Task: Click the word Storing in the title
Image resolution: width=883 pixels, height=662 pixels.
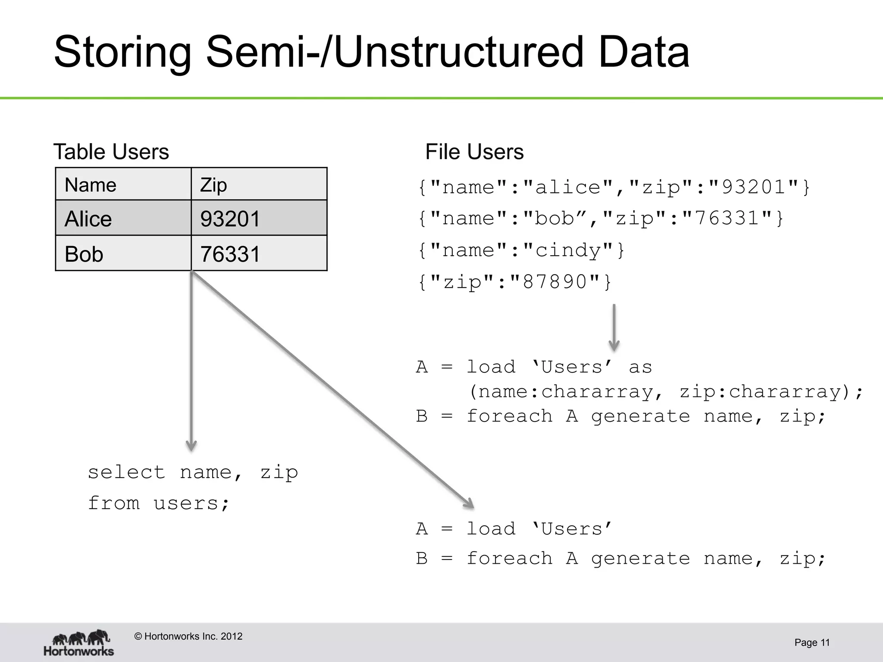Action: (122, 53)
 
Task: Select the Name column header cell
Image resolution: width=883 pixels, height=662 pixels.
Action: (123, 184)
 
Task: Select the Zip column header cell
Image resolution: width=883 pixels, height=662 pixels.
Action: (259, 184)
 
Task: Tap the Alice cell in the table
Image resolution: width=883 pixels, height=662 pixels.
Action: (123, 219)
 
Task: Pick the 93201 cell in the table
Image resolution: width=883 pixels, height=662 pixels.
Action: (259, 219)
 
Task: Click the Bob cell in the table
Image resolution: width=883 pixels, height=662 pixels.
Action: (123, 254)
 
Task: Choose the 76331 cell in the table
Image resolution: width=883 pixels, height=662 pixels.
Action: (259, 254)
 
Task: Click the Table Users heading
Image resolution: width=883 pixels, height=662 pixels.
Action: (111, 152)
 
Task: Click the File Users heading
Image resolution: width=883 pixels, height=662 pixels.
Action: (474, 152)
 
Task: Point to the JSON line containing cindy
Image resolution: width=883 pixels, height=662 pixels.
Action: (521, 250)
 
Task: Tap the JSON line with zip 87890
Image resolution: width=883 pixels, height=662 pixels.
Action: (514, 282)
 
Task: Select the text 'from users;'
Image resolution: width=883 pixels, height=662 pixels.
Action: (159, 503)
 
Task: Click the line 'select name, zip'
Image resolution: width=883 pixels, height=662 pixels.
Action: (193, 472)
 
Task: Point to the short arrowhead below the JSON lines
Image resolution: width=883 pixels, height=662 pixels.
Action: (614, 345)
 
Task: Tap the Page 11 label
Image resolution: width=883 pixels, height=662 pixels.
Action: (812, 643)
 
